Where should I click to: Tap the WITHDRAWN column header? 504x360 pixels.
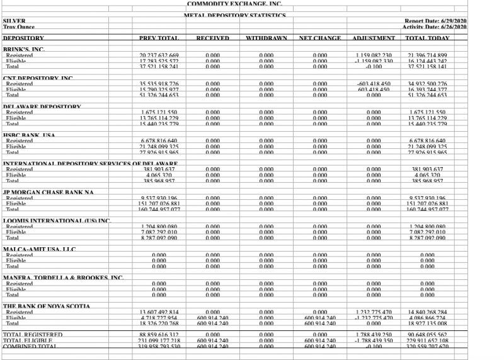(x=266, y=39)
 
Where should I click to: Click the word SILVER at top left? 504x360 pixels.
(x=14, y=21)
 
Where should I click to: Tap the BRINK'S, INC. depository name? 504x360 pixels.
(x=25, y=49)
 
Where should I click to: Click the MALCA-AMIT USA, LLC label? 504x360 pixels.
(x=40, y=249)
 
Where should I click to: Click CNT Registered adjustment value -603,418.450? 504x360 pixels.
(x=374, y=84)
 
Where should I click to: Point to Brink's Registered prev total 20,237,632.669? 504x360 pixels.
(x=159, y=55)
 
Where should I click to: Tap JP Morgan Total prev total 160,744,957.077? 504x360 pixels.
(x=159, y=209)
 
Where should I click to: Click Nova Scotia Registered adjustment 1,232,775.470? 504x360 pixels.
(x=374, y=312)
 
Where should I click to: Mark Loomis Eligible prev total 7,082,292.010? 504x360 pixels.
(x=159, y=232)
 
